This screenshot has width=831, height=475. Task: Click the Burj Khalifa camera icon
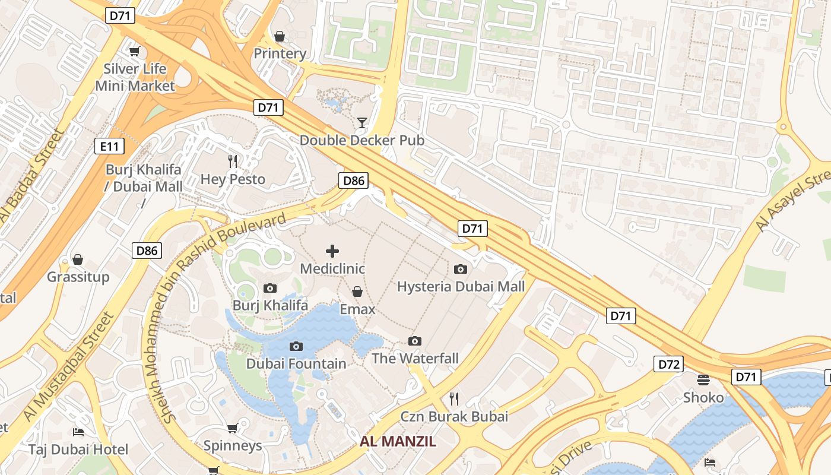pyautogui.click(x=270, y=289)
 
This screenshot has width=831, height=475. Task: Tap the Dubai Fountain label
pyautogui.click(x=296, y=363)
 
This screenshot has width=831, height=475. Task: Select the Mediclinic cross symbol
pyautogui.click(x=332, y=251)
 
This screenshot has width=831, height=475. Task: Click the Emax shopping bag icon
pyautogui.click(x=357, y=292)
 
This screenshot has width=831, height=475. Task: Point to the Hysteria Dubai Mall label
pyautogui.click(x=461, y=287)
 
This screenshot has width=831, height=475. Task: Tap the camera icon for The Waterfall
pyautogui.click(x=415, y=341)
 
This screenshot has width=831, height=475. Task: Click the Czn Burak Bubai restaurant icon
pyautogui.click(x=454, y=398)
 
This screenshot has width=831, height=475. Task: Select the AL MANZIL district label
pyautogui.click(x=398, y=441)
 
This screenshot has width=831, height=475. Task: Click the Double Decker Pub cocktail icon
pyautogui.click(x=361, y=123)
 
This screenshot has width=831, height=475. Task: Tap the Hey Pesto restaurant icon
pyautogui.click(x=233, y=161)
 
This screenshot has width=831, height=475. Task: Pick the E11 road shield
pyautogui.click(x=104, y=146)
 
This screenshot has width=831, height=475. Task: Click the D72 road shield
pyautogui.click(x=668, y=364)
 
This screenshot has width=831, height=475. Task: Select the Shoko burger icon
pyautogui.click(x=703, y=379)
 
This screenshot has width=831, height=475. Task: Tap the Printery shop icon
pyautogui.click(x=280, y=36)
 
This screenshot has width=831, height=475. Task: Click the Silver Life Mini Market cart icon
pyautogui.click(x=135, y=52)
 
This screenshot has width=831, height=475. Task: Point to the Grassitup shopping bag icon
pyautogui.click(x=78, y=259)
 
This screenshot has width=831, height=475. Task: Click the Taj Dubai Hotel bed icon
pyautogui.click(x=78, y=432)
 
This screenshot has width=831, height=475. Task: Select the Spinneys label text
pyautogui.click(x=233, y=445)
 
